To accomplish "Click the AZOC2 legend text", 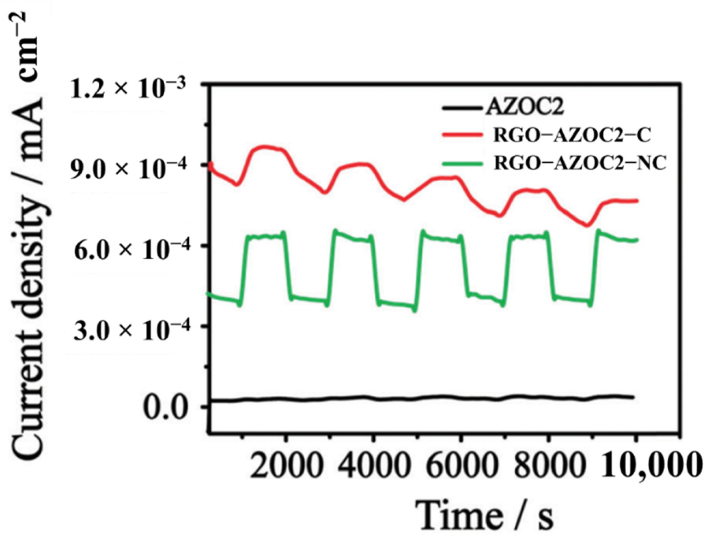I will tap(525, 107).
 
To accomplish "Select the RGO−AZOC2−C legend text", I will tap(572, 135).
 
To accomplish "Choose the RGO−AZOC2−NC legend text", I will tap(580, 163).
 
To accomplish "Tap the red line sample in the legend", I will tap(462, 134).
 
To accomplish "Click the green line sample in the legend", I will tap(462, 164).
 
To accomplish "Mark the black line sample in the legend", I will tap(462, 108).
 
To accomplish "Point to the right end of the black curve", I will tap(633, 397).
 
